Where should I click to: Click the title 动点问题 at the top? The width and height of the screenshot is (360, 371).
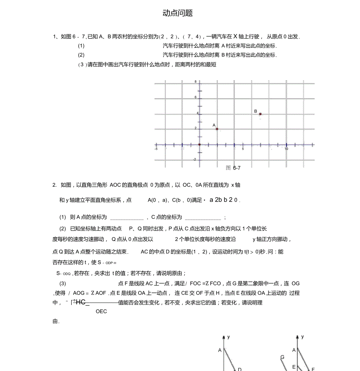178,13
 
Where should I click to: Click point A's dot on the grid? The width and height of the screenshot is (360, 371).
217,129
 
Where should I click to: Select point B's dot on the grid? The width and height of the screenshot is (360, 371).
260,114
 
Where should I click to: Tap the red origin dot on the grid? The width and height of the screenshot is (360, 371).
199,144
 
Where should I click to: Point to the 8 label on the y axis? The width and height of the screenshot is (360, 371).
196,81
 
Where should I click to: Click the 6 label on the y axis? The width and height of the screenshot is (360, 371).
196,97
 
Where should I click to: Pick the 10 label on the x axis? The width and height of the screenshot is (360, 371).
286,149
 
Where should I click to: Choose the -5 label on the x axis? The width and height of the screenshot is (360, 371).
156,149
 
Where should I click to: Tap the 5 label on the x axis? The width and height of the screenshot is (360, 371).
243,149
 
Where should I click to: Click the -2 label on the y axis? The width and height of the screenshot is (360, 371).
194,160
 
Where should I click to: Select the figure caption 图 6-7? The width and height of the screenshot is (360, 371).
233,168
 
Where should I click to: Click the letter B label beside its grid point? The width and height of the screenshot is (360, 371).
256,112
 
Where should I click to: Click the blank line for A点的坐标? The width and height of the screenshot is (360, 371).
127,218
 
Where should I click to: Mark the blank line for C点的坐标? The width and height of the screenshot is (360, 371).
203,218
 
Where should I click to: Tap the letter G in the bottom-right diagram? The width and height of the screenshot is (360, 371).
282,357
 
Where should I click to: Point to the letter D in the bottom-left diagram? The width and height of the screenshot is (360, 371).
239,369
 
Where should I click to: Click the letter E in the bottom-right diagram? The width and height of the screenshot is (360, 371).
293,367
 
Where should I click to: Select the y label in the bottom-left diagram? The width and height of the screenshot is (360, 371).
229,337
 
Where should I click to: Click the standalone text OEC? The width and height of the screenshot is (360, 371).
101,312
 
